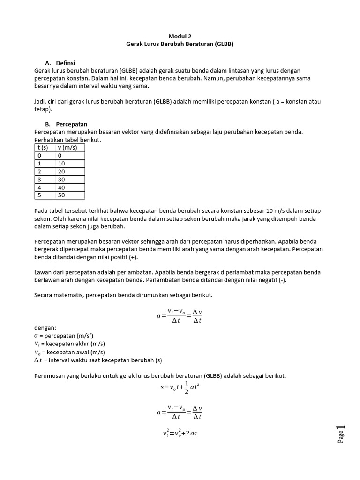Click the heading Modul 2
pos(180,36)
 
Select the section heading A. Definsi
pos(60,63)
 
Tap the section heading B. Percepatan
pos(66,124)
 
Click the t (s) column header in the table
pos(43,147)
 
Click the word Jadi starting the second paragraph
pos(41,101)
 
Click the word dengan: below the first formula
pos(45,328)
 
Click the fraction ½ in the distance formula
pos(186,388)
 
